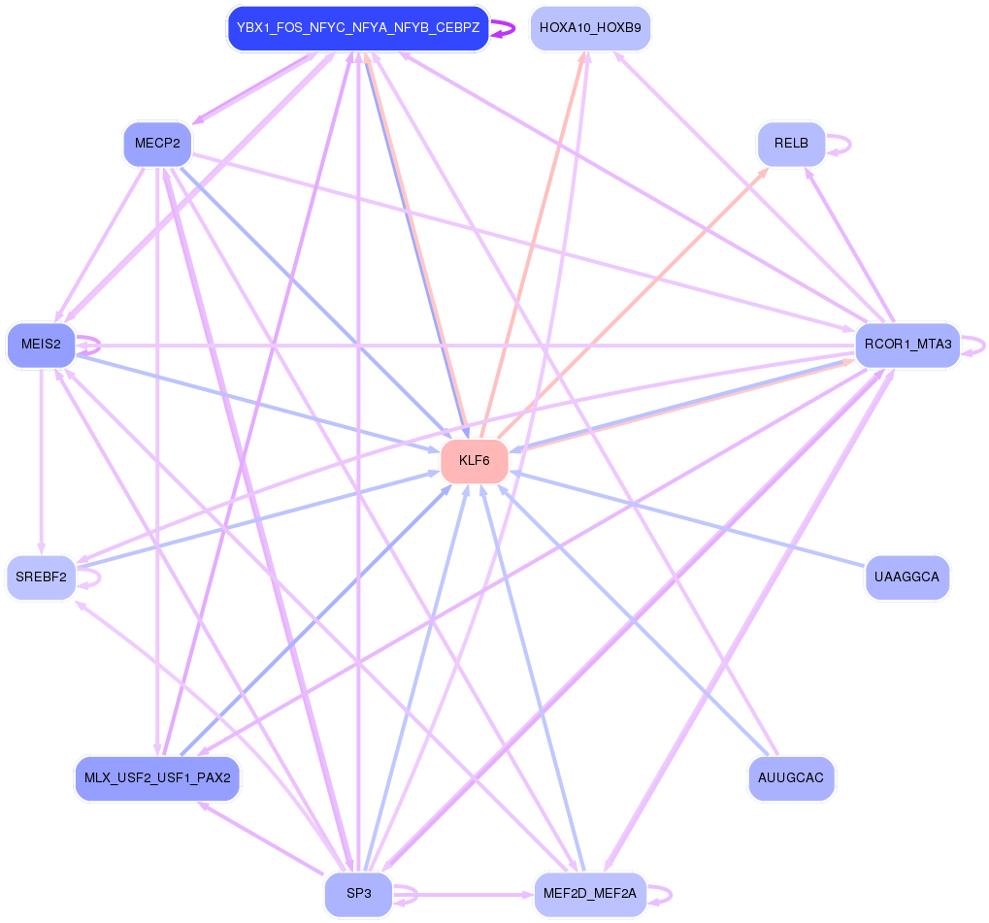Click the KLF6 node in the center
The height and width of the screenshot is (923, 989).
pos(475,461)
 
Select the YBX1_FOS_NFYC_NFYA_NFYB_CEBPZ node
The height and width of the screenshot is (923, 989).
pos(358,28)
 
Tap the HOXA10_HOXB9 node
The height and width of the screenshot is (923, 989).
pos(590,28)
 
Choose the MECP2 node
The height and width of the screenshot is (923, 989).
pos(157,144)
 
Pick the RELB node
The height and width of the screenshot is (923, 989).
pos(791,144)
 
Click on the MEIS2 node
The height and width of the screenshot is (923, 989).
pos(41,345)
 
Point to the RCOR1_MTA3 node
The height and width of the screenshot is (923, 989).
pos(907,345)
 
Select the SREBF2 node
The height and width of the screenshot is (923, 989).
pos(41,577)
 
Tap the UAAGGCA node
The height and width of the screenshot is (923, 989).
pos(907,577)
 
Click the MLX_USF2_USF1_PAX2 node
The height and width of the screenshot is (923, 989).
pos(157,778)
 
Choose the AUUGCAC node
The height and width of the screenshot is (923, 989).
pos(791,778)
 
